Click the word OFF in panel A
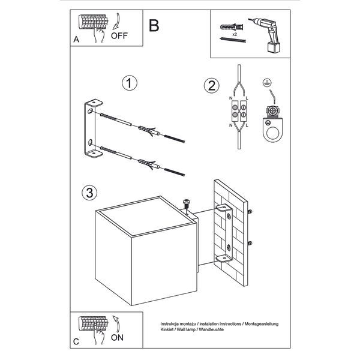[120, 35]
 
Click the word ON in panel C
[119, 337]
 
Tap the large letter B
[154, 25]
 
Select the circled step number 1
[127, 83]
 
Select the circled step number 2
[210, 86]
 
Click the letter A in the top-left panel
[76, 40]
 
